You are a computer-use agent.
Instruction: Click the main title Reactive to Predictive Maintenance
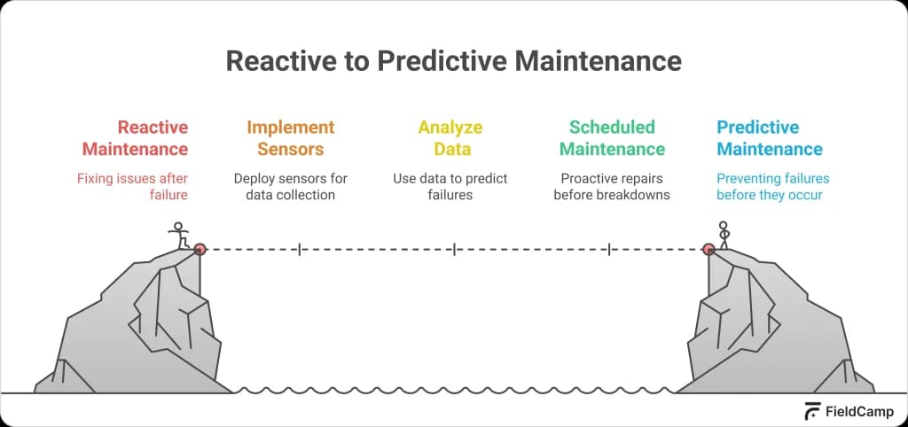(453, 60)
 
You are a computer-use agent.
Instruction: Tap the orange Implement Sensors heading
(291, 138)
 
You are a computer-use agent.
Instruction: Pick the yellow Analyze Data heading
(450, 138)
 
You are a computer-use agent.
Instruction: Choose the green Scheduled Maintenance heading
(612, 138)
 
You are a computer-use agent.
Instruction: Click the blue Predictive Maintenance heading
(770, 138)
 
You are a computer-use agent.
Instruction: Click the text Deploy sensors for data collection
(291, 186)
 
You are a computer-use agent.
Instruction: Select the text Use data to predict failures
(450, 186)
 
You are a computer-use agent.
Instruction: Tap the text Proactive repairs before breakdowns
(612, 186)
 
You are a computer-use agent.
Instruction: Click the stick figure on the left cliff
(180, 235)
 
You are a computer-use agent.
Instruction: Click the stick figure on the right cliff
(724, 235)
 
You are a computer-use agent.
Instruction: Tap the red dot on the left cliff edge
(200, 250)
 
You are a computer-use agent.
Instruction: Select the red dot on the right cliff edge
(708, 250)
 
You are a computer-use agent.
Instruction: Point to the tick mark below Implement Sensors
(299, 250)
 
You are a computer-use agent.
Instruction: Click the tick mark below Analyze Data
(454, 250)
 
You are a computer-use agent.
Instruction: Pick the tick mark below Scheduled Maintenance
(609, 250)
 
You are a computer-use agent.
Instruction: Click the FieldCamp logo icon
(812, 411)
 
